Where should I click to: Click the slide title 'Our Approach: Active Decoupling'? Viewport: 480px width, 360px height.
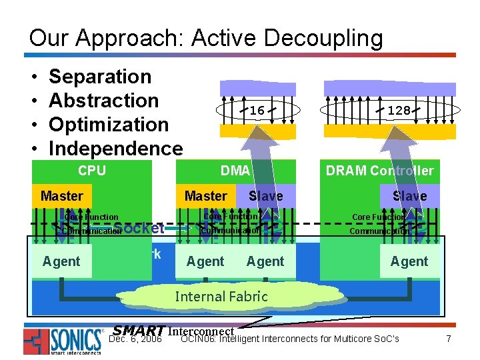click(x=206, y=37)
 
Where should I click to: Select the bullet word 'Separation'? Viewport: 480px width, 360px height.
click(x=100, y=77)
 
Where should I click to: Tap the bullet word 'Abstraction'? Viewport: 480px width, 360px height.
click(x=103, y=101)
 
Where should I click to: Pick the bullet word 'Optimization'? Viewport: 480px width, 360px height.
click(x=109, y=125)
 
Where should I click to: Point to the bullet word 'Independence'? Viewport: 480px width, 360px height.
click(x=115, y=148)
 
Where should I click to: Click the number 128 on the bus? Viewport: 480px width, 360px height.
click(x=399, y=110)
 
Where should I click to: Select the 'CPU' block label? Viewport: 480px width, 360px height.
click(x=92, y=170)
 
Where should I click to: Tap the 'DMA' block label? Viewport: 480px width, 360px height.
click(x=235, y=171)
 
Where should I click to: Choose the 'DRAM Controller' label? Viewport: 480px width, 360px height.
click(x=379, y=171)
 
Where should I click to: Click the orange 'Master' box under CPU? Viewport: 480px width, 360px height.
click(x=61, y=196)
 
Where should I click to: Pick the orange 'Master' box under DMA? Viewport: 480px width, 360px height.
click(x=205, y=196)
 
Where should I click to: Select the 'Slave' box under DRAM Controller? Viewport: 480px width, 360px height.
click(x=409, y=196)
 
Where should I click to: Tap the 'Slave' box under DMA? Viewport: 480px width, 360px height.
click(x=265, y=196)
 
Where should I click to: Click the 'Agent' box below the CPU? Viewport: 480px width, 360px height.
click(x=61, y=261)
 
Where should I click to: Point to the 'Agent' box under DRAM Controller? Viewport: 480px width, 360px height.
click(x=409, y=261)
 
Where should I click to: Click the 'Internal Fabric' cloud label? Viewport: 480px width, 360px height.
click(x=221, y=296)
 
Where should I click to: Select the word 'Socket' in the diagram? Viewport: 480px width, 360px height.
click(x=139, y=228)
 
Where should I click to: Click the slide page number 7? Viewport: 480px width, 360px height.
click(x=449, y=339)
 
